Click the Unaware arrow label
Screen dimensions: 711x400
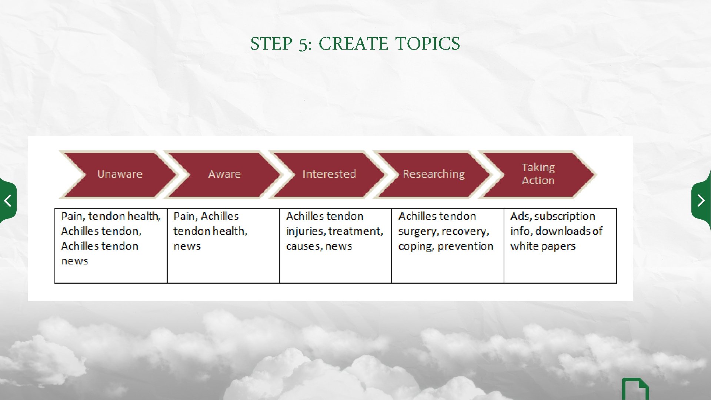coord(120,174)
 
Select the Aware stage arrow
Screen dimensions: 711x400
coord(224,174)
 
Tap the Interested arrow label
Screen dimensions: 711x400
coord(329,174)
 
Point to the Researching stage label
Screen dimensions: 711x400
coord(433,174)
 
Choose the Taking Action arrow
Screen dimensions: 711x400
coord(538,174)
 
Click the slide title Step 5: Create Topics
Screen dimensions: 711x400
coord(355,44)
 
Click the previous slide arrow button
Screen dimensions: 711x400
coord(7,201)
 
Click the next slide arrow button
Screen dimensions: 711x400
coord(701,201)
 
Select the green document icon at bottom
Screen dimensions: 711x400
coord(635,390)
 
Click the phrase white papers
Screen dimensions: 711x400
coord(543,246)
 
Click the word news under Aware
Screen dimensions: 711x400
coord(187,246)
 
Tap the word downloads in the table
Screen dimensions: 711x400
coord(563,231)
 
